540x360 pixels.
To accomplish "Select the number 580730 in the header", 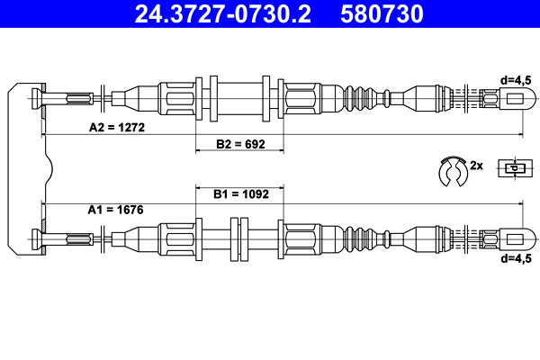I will coord(379,14).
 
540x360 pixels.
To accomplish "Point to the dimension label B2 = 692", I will coord(239,144).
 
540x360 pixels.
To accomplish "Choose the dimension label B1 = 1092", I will coord(239,193).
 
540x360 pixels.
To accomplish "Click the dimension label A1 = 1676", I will coord(116,210).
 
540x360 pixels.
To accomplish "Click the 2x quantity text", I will coord(477,166).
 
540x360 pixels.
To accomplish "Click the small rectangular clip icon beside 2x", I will coord(513,168).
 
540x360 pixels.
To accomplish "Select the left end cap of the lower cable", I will coord(37,240).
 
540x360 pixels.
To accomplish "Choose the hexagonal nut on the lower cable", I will coord(301,240).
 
